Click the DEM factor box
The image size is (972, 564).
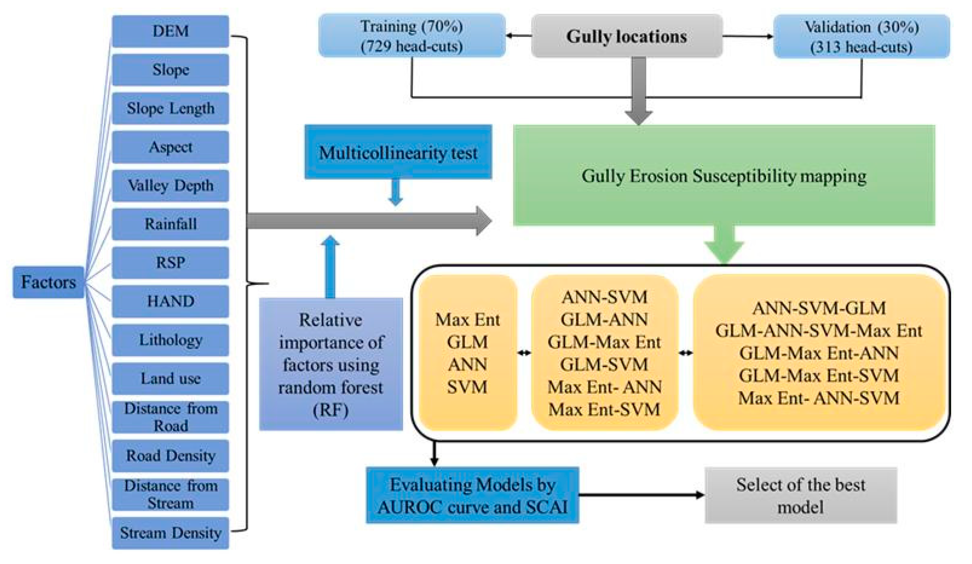[x=170, y=31]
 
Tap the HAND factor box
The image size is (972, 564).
[x=170, y=301]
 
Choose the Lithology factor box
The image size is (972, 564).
[x=170, y=340]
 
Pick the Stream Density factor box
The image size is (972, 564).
[x=170, y=533]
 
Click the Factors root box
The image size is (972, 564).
[x=48, y=282]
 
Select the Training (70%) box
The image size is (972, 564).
[x=412, y=36]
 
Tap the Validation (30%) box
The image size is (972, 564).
[x=861, y=37]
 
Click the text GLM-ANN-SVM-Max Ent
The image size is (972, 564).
[x=819, y=331]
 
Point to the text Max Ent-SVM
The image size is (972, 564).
[x=604, y=409]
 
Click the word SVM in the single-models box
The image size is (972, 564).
[x=467, y=387]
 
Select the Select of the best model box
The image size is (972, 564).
[x=800, y=495]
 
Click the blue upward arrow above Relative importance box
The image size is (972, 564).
[x=330, y=266]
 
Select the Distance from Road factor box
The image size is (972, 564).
[x=170, y=417]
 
